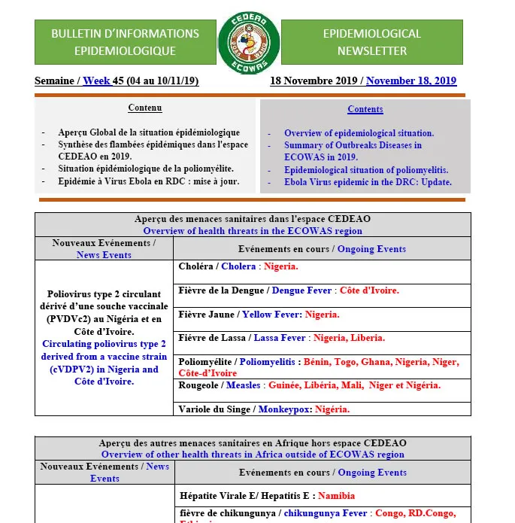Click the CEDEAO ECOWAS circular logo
pos(249,43)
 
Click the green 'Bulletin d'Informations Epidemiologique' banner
pos(125,42)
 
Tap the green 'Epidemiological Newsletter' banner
pos(371,42)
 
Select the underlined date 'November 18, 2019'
pos(411,81)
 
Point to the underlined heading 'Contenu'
pos(144,108)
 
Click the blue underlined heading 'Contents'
pos(365,109)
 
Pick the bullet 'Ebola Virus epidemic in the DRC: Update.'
pos(368,181)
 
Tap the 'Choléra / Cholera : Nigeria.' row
pos(238,266)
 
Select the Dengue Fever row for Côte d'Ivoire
pos(289,290)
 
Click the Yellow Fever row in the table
pos(259,314)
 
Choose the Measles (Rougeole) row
pos(309,385)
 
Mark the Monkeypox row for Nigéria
pos(264,409)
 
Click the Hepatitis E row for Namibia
pos(267,496)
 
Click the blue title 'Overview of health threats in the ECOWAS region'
pos(253,231)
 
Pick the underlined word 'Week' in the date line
pos(96,81)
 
